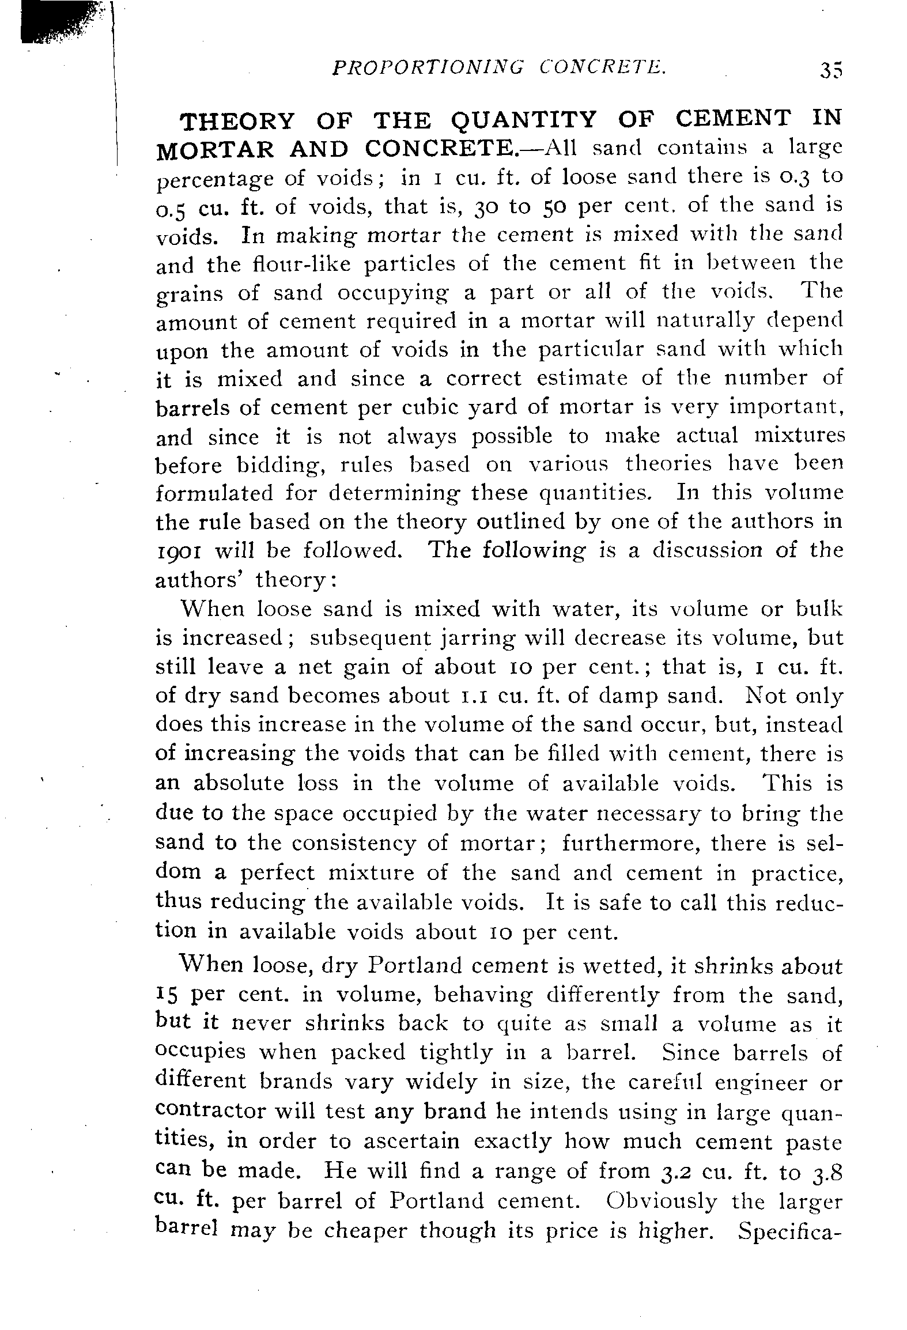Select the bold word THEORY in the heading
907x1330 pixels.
(237, 121)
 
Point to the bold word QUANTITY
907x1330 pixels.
(523, 121)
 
